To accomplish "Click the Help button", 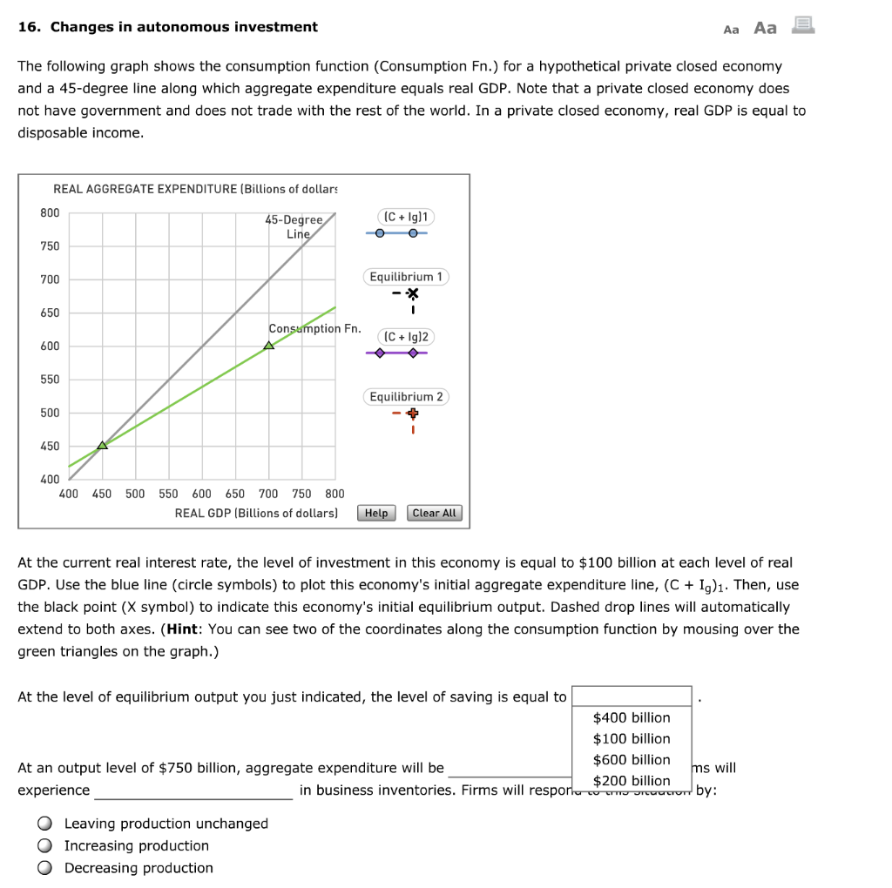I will (x=376, y=513).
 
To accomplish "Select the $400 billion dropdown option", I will (x=632, y=717).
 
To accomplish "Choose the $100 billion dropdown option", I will (x=632, y=738).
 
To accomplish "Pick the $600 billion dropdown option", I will (x=632, y=759).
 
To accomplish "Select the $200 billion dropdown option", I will (x=632, y=780).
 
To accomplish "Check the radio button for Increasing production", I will (x=44, y=845).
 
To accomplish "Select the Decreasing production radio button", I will (x=44, y=868).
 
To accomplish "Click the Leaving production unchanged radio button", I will (x=44, y=824).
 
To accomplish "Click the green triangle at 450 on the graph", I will (x=102, y=445).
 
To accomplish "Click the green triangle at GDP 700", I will (x=268, y=346).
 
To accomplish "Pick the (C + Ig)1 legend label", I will (x=407, y=216).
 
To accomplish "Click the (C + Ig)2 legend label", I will (x=407, y=336).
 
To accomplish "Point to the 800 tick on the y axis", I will (x=50, y=213).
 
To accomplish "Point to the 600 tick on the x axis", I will (x=201, y=494).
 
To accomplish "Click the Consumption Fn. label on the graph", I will (x=314, y=328).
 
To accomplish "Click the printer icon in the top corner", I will (x=802, y=27).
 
